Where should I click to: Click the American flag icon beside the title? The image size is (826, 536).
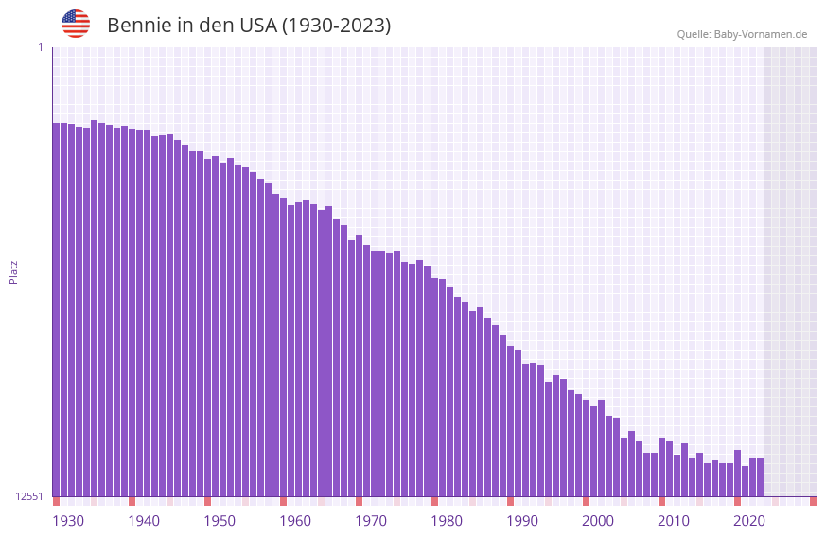pyautogui.click(x=76, y=24)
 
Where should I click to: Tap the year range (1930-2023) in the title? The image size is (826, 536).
pyautogui.click(x=336, y=26)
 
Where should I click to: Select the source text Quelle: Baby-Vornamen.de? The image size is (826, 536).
pyautogui.click(x=742, y=34)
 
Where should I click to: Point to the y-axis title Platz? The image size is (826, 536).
pyautogui.click(x=13, y=271)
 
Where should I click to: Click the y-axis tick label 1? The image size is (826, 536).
pyautogui.click(x=40, y=47)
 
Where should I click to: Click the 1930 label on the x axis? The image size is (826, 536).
pyautogui.click(x=68, y=521)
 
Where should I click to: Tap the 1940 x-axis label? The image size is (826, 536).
pyautogui.click(x=144, y=521)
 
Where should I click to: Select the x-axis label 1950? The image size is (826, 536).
pyautogui.click(x=220, y=521)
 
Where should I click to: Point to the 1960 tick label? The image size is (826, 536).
pyautogui.click(x=295, y=521)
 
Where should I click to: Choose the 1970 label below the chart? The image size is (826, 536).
pyautogui.click(x=371, y=521)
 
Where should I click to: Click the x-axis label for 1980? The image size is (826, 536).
pyautogui.click(x=447, y=521)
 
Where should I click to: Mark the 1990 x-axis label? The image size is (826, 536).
pyautogui.click(x=522, y=521)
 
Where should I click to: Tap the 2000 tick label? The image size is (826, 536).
pyautogui.click(x=598, y=521)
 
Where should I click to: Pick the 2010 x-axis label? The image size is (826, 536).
pyautogui.click(x=674, y=521)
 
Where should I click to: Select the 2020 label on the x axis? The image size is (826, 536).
pyautogui.click(x=749, y=521)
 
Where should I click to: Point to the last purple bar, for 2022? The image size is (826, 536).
pyautogui.click(x=760, y=476)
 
